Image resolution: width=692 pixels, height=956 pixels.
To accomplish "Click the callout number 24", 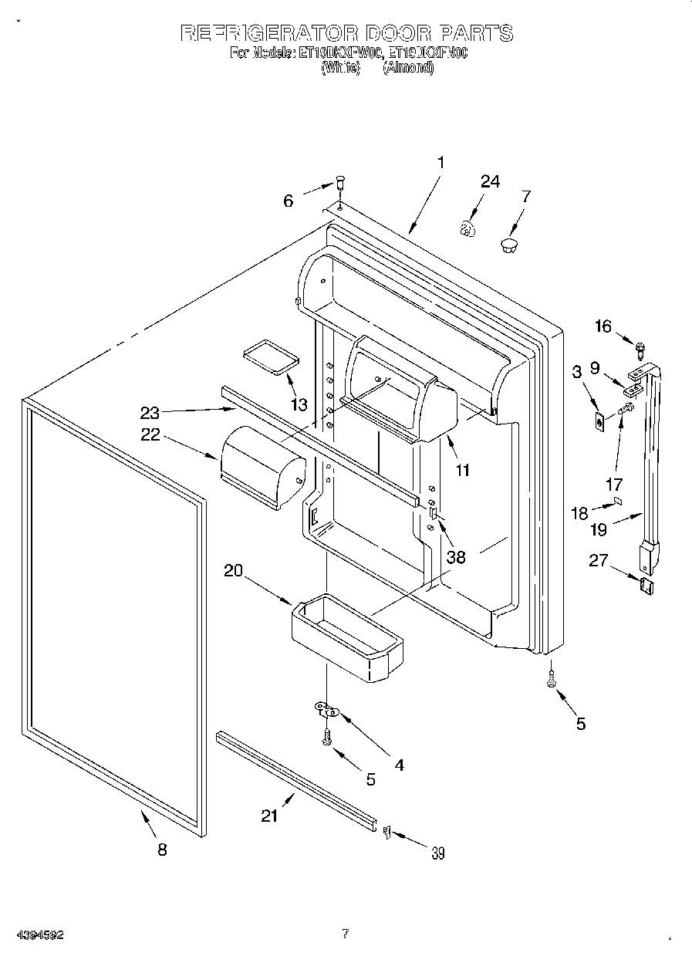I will click(490, 182).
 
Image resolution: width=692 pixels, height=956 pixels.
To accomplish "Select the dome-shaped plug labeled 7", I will click(508, 245).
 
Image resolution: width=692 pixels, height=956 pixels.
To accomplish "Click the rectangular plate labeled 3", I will click(599, 422).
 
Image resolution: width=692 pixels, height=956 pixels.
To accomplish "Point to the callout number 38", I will click(456, 556).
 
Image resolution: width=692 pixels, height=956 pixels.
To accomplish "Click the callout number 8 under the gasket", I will click(162, 850).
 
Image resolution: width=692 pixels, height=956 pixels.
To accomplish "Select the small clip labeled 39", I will click(387, 830).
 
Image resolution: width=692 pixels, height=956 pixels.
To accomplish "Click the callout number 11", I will click(462, 470).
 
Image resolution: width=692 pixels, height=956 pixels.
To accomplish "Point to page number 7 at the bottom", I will click(346, 934).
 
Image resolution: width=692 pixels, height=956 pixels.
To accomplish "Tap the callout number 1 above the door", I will click(441, 163).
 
